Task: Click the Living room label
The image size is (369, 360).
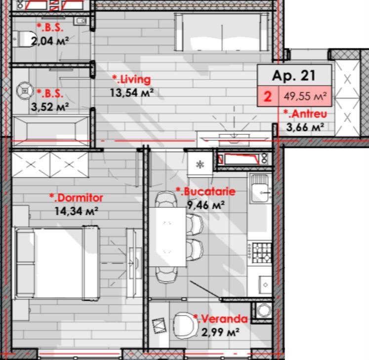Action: (131, 80)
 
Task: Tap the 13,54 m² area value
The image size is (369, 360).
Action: (132, 92)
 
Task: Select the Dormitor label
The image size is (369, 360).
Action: (76, 198)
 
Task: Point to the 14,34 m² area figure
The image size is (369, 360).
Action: (76, 211)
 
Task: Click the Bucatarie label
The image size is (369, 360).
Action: (205, 191)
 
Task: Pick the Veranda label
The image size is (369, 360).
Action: (220, 319)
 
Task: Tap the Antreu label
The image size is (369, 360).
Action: (305, 114)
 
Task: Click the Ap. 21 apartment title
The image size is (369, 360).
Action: (293, 76)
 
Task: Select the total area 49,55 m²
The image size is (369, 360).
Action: (305, 96)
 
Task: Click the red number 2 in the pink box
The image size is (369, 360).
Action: (268, 96)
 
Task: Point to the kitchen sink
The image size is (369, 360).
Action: (259, 188)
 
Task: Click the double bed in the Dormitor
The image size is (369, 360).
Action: (57, 263)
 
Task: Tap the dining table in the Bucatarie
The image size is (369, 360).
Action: (167, 237)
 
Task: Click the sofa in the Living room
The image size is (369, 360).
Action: (222, 32)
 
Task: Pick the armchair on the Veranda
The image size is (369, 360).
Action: (185, 325)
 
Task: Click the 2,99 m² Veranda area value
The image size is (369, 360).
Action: (220, 332)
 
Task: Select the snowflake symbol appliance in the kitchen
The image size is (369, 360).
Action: (200, 164)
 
